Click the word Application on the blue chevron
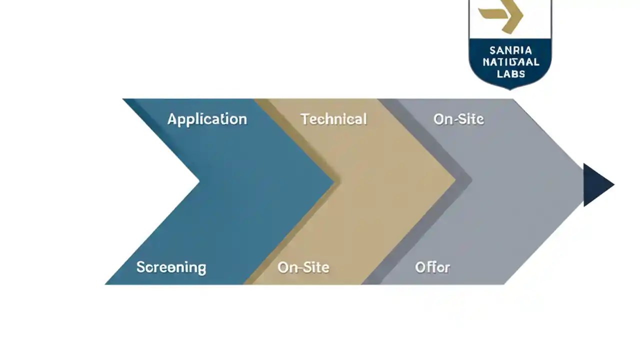pos(207,119)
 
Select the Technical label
pos(333,119)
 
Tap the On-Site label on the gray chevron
pos(458,119)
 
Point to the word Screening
pos(171,267)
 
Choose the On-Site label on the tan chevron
pos(303,267)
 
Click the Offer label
pos(432,267)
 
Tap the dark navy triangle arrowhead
pos(597,184)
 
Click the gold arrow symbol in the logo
pos(501,16)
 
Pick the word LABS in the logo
pos(511,74)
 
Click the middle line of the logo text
pos(511,62)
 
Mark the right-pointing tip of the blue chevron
pos(333,182)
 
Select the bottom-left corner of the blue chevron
pos(106,284)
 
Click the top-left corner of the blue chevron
pos(123,99)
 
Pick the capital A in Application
pos(171,119)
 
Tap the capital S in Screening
pos(140,267)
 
